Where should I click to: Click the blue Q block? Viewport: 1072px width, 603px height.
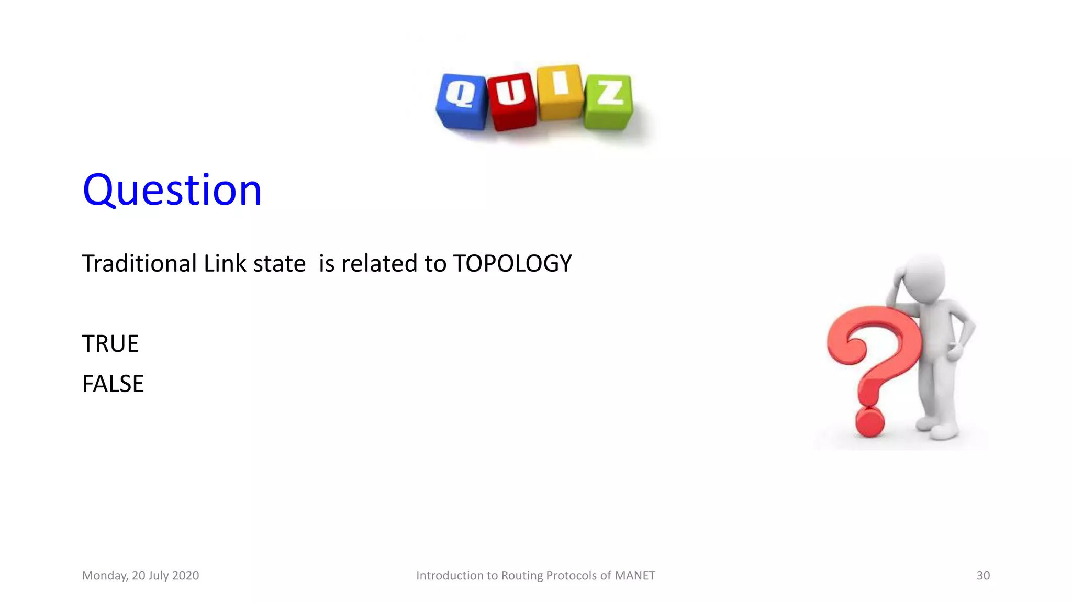pos(462,101)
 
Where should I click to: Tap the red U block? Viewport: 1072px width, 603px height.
pos(511,100)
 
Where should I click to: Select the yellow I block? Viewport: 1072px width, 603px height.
pos(560,92)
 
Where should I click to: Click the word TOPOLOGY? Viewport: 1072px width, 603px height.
pos(512,263)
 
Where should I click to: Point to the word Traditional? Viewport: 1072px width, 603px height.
pos(139,263)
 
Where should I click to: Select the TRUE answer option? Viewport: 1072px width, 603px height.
pos(110,344)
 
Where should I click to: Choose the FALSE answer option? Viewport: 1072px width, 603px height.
pos(113,384)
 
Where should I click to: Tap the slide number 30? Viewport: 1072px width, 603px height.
pos(982,575)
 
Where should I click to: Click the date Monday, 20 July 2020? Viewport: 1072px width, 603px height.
pos(140,575)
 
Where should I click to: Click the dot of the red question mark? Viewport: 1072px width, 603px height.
pos(869,422)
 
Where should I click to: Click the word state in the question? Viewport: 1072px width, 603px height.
pos(279,263)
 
